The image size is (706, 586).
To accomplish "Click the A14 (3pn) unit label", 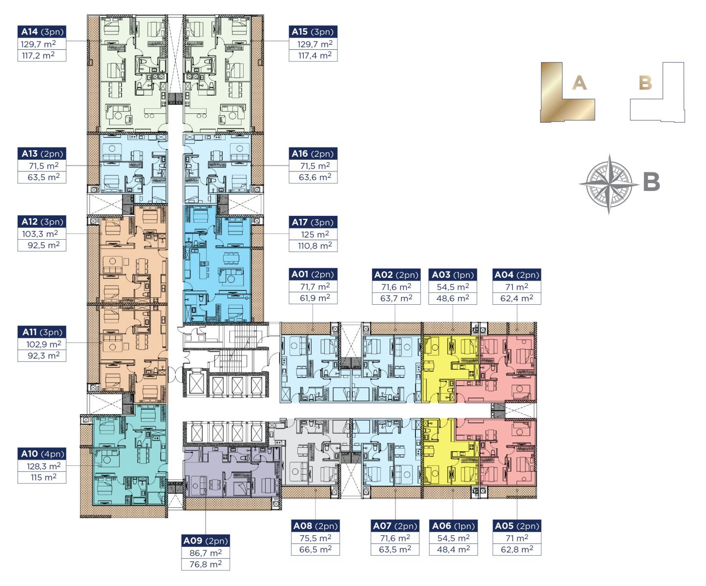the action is point(42,32).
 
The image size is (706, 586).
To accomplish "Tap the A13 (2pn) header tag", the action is point(42,154).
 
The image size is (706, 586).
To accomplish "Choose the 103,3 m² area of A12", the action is point(41,233).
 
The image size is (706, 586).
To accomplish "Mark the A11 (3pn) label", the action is point(42,332).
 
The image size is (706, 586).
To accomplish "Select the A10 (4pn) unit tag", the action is point(42,454).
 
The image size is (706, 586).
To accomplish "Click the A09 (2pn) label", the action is point(206,541).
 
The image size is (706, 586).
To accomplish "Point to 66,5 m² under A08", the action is point(315,549).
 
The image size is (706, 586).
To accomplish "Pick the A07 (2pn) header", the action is point(395,526).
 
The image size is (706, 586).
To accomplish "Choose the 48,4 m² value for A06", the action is point(454,549).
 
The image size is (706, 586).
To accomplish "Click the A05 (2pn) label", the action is point(517,526).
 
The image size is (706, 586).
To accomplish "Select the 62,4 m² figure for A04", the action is point(517,298).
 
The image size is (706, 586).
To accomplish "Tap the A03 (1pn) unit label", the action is point(453,275).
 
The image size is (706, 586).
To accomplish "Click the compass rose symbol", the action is point(609,184).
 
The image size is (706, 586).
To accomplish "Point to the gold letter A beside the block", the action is point(579,83).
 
